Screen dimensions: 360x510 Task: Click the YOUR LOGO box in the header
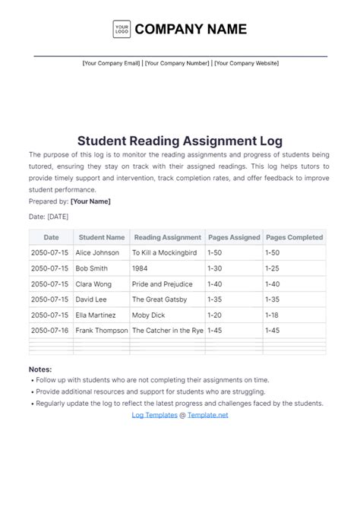122,30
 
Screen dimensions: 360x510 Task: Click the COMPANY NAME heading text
191,30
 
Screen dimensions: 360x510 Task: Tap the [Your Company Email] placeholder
111,64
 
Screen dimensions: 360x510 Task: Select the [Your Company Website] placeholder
246,64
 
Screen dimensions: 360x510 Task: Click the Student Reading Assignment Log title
180,141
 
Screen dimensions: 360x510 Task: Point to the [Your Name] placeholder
90,201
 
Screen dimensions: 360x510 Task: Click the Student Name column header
101,237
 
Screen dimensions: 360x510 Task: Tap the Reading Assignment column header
166,237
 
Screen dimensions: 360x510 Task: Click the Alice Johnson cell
98,252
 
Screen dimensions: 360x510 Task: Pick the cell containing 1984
141,268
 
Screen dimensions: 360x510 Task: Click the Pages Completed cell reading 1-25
273,268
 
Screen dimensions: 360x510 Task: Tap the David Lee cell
92,299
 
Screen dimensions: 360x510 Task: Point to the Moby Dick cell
150,315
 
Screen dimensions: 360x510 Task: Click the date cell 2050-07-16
49,330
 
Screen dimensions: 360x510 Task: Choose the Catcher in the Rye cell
168,330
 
